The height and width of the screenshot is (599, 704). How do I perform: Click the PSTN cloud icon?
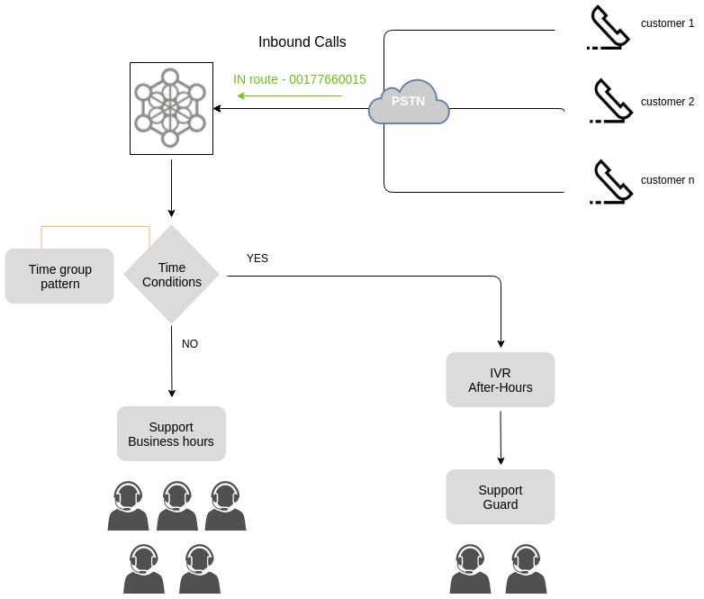pyautogui.click(x=409, y=103)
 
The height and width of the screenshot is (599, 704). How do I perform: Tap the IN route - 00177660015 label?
pyautogui.click(x=300, y=79)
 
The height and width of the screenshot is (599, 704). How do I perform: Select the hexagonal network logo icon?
pyautogui.click(x=171, y=108)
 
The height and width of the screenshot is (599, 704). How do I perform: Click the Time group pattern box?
pyautogui.click(x=59, y=276)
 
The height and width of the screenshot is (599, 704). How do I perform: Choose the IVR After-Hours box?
pyautogui.click(x=500, y=379)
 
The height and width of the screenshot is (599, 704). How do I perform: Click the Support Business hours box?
pyautogui.click(x=171, y=433)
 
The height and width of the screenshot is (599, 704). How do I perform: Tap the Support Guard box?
pyautogui.click(x=500, y=496)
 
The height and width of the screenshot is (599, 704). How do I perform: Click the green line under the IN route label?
pyautogui.click(x=311, y=95)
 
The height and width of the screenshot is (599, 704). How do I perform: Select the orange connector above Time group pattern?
pyautogui.click(x=95, y=227)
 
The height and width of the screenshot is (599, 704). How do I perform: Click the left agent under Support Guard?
pyautogui.click(x=470, y=569)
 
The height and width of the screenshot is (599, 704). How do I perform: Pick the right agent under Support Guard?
pyautogui.click(x=526, y=569)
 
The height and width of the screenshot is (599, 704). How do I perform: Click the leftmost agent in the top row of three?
pyautogui.click(x=129, y=506)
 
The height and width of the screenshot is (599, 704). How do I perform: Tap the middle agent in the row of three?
pyautogui.click(x=177, y=506)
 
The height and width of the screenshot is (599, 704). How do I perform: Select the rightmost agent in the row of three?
pyautogui.click(x=225, y=506)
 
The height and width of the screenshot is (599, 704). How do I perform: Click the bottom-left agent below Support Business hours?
pyautogui.click(x=144, y=569)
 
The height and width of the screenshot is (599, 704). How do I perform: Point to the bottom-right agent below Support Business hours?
pyautogui.click(x=200, y=569)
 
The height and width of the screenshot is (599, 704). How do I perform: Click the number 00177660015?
pyautogui.click(x=328, y=79)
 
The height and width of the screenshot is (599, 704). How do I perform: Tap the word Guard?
pyautogui.click(x=500, y=504)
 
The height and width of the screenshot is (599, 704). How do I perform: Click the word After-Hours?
pyautogui.click(x=500, y=387)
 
